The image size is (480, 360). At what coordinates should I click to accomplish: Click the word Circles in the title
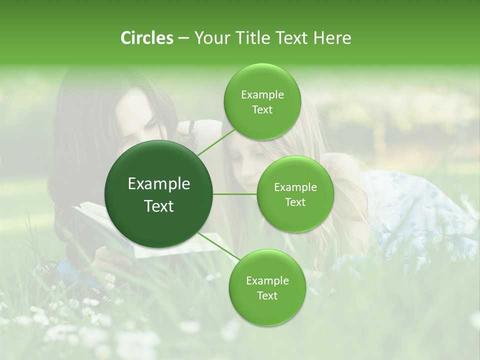point(146,37)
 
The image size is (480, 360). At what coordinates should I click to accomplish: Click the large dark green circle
point(159,194)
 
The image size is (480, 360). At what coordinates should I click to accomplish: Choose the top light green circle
point(262,102)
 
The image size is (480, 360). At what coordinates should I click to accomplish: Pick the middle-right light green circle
point(295,194)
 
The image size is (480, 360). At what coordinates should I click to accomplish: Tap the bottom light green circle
point(267,287)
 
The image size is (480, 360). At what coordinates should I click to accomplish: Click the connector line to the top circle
point(215,142)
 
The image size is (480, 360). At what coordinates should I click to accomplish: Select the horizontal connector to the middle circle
point(235,194)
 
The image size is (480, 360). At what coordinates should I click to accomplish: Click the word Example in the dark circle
point(159,184)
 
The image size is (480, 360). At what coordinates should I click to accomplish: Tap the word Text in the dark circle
point(159,206)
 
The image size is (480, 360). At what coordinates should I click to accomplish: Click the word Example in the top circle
point(262,95)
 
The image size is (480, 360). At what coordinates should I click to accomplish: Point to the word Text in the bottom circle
point(267,295)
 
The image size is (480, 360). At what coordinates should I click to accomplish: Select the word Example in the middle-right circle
point(295,187)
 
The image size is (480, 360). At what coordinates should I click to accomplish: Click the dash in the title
point(183,38)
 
